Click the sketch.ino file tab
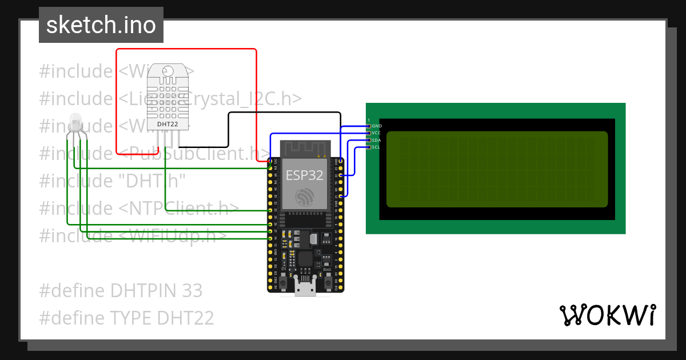[x=101, y=25]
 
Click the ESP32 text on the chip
[x=305, y=175]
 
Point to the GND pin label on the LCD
[x=376, y=126]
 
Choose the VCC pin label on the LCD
[x=376, y=133]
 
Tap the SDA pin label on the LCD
[x=376, y=140]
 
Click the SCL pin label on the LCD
[x=376, y=147]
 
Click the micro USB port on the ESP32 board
[x=305, y=287]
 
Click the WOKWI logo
[x=607, y=315]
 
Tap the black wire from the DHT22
[x=229, y=131]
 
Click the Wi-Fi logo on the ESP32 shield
[x=305, y=198]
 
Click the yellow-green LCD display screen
[x=496, y=169]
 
